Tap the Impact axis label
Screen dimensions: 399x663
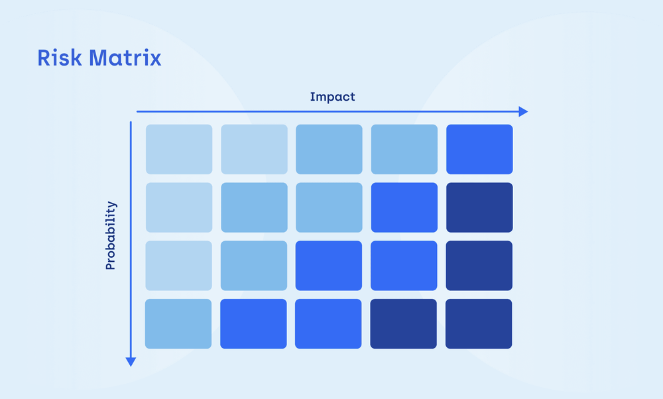pyautogui.click(x=332, y=97)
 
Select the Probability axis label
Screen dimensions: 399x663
pyautogui.click(x=111, y=235)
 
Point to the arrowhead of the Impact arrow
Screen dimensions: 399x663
pyautogui.click(x=523, y=111)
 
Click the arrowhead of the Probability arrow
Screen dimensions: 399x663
pyautogui.click(x=131, y=361)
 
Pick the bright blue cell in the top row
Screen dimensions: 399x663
pyautogui.click(x=479, y=149)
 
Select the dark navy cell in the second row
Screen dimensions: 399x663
pyautogui.click(x=479, y=207)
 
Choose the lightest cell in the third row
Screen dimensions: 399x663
pyautogui.click(x=179, y=265)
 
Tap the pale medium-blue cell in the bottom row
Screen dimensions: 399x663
pyautogui.click(x=179, y=323)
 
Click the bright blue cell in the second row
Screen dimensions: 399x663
pyautogui.click(x=404, y=207)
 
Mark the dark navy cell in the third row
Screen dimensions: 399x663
pyautogui.click(x=479, y=265)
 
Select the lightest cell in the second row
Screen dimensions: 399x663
pyautogui.click(x=179, y=207)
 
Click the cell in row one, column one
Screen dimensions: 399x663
pyautogui.click(x=179, y=149)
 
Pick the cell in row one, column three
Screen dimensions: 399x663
pyautogui.click(x=330, y=149)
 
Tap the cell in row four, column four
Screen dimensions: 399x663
pyautogui.click(x=404, y=323)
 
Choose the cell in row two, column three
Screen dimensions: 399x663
pyautogui.click(x=330, y=207)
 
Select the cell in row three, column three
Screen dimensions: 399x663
pyautogui.click(x=330, y=265)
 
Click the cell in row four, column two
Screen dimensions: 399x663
pyautogui.click(x=254, y=323)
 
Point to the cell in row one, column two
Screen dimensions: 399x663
pyautogui.click(x=254, y=149)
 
